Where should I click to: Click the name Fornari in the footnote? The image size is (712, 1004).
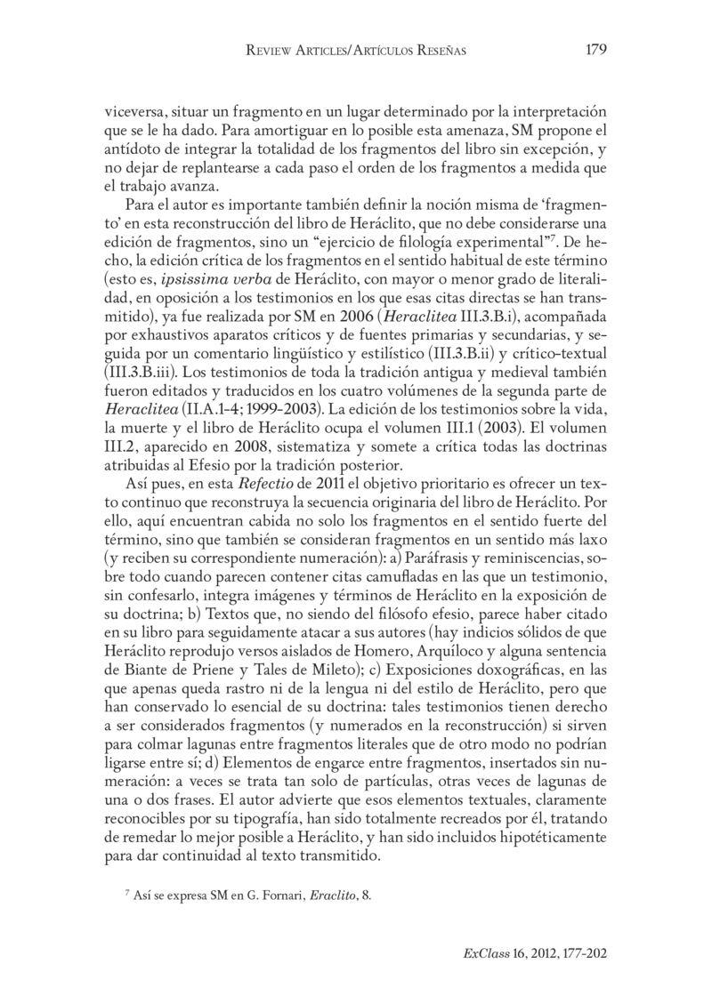[267, 896]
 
